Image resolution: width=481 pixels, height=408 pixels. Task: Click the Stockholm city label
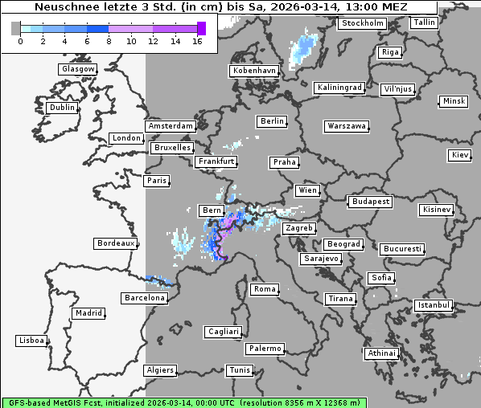(x=362, y=23)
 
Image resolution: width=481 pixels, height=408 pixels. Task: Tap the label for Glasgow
(x=78, y=69)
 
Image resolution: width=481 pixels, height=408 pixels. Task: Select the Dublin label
(x=62, y=108)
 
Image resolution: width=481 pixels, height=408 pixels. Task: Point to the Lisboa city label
(x=31, y=341)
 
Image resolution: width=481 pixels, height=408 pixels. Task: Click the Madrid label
(x=88, y=313)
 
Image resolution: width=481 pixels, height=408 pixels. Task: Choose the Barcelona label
(x=145, y=298)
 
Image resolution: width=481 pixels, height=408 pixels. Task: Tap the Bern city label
(x=212, y=210)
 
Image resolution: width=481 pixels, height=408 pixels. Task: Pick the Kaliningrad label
(x=340, y=87)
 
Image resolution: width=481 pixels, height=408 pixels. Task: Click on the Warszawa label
(x=347, y=126)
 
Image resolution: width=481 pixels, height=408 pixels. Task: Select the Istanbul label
(x=434, y=306)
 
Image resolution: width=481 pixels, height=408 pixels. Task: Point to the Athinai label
(x=381, y=353)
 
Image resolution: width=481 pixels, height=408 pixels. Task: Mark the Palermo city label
(x=265, y=349)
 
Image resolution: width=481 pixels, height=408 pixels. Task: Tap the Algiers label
(x=159, y=370)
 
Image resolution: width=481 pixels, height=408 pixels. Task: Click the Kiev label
(x=460, y=155)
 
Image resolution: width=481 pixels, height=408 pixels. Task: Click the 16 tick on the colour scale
(x=197, y=41)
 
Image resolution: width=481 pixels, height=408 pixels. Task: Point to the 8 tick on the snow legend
(x=109, y=41)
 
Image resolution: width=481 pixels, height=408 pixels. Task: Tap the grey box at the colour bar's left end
(x=16, y=28)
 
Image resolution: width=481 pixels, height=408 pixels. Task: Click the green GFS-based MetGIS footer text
(x=183, y=402)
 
